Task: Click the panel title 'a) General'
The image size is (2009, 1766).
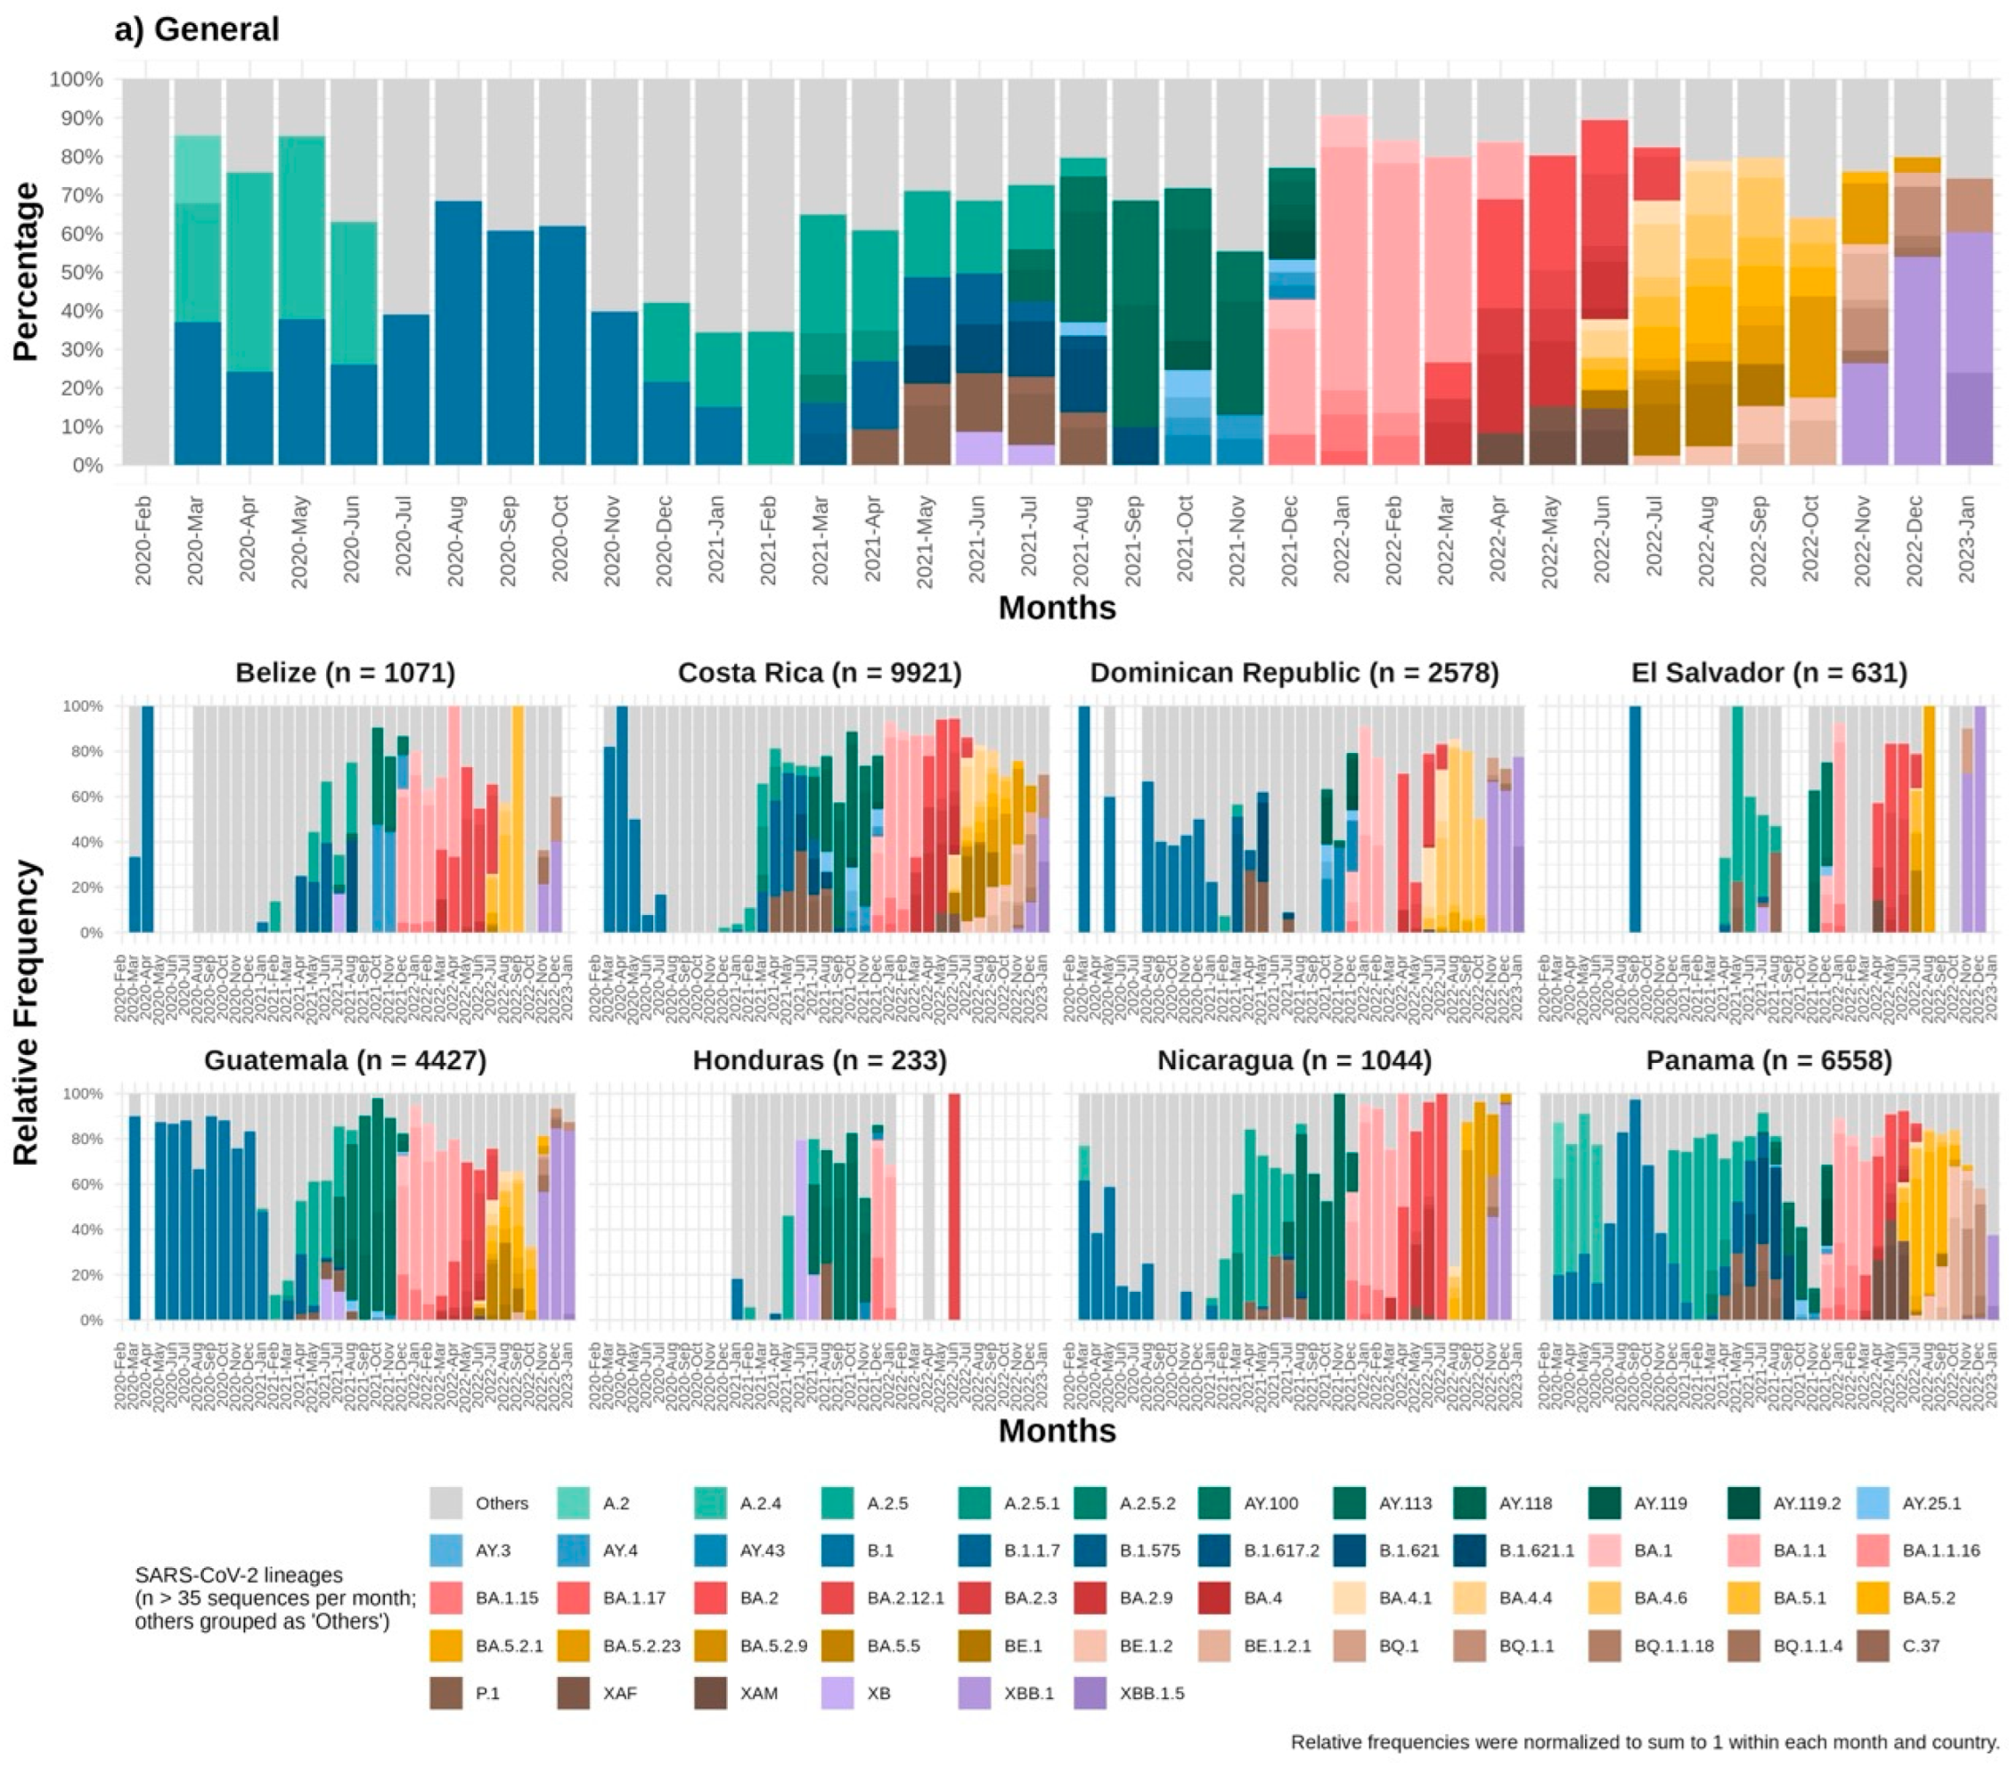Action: tap(197, 29)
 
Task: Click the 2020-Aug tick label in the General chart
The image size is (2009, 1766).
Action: tap(455, 541)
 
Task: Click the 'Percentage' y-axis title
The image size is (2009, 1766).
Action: tap(27, 273)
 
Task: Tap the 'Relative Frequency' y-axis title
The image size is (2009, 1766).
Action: tap(27, 1012)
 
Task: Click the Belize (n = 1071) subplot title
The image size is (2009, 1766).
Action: tap(345, 674)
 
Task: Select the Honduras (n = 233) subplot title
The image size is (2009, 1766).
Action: tap(820, 1060)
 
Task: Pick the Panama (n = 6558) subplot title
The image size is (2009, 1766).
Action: tap(1769, 1060)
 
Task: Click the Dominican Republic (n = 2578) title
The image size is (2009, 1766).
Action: tap(1294, 674)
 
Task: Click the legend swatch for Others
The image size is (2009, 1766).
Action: tap(446, 1504)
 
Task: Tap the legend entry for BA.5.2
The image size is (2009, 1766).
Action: tap(1875, 1598)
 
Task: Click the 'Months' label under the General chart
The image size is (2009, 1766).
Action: tap(1057, 609)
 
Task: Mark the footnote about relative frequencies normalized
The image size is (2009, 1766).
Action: tap(1645, 1743)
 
